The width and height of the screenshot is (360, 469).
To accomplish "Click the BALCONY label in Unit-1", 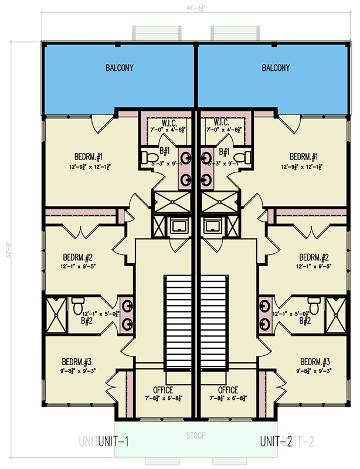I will click(120, 68).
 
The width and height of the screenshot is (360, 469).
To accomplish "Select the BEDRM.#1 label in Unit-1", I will click(89, 157).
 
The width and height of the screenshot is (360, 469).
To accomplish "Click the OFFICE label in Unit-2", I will click(228, 390).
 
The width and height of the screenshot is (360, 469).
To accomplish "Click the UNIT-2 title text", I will click(276, 441).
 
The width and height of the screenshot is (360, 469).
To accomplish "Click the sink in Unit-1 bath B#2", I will click(127, 305).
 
